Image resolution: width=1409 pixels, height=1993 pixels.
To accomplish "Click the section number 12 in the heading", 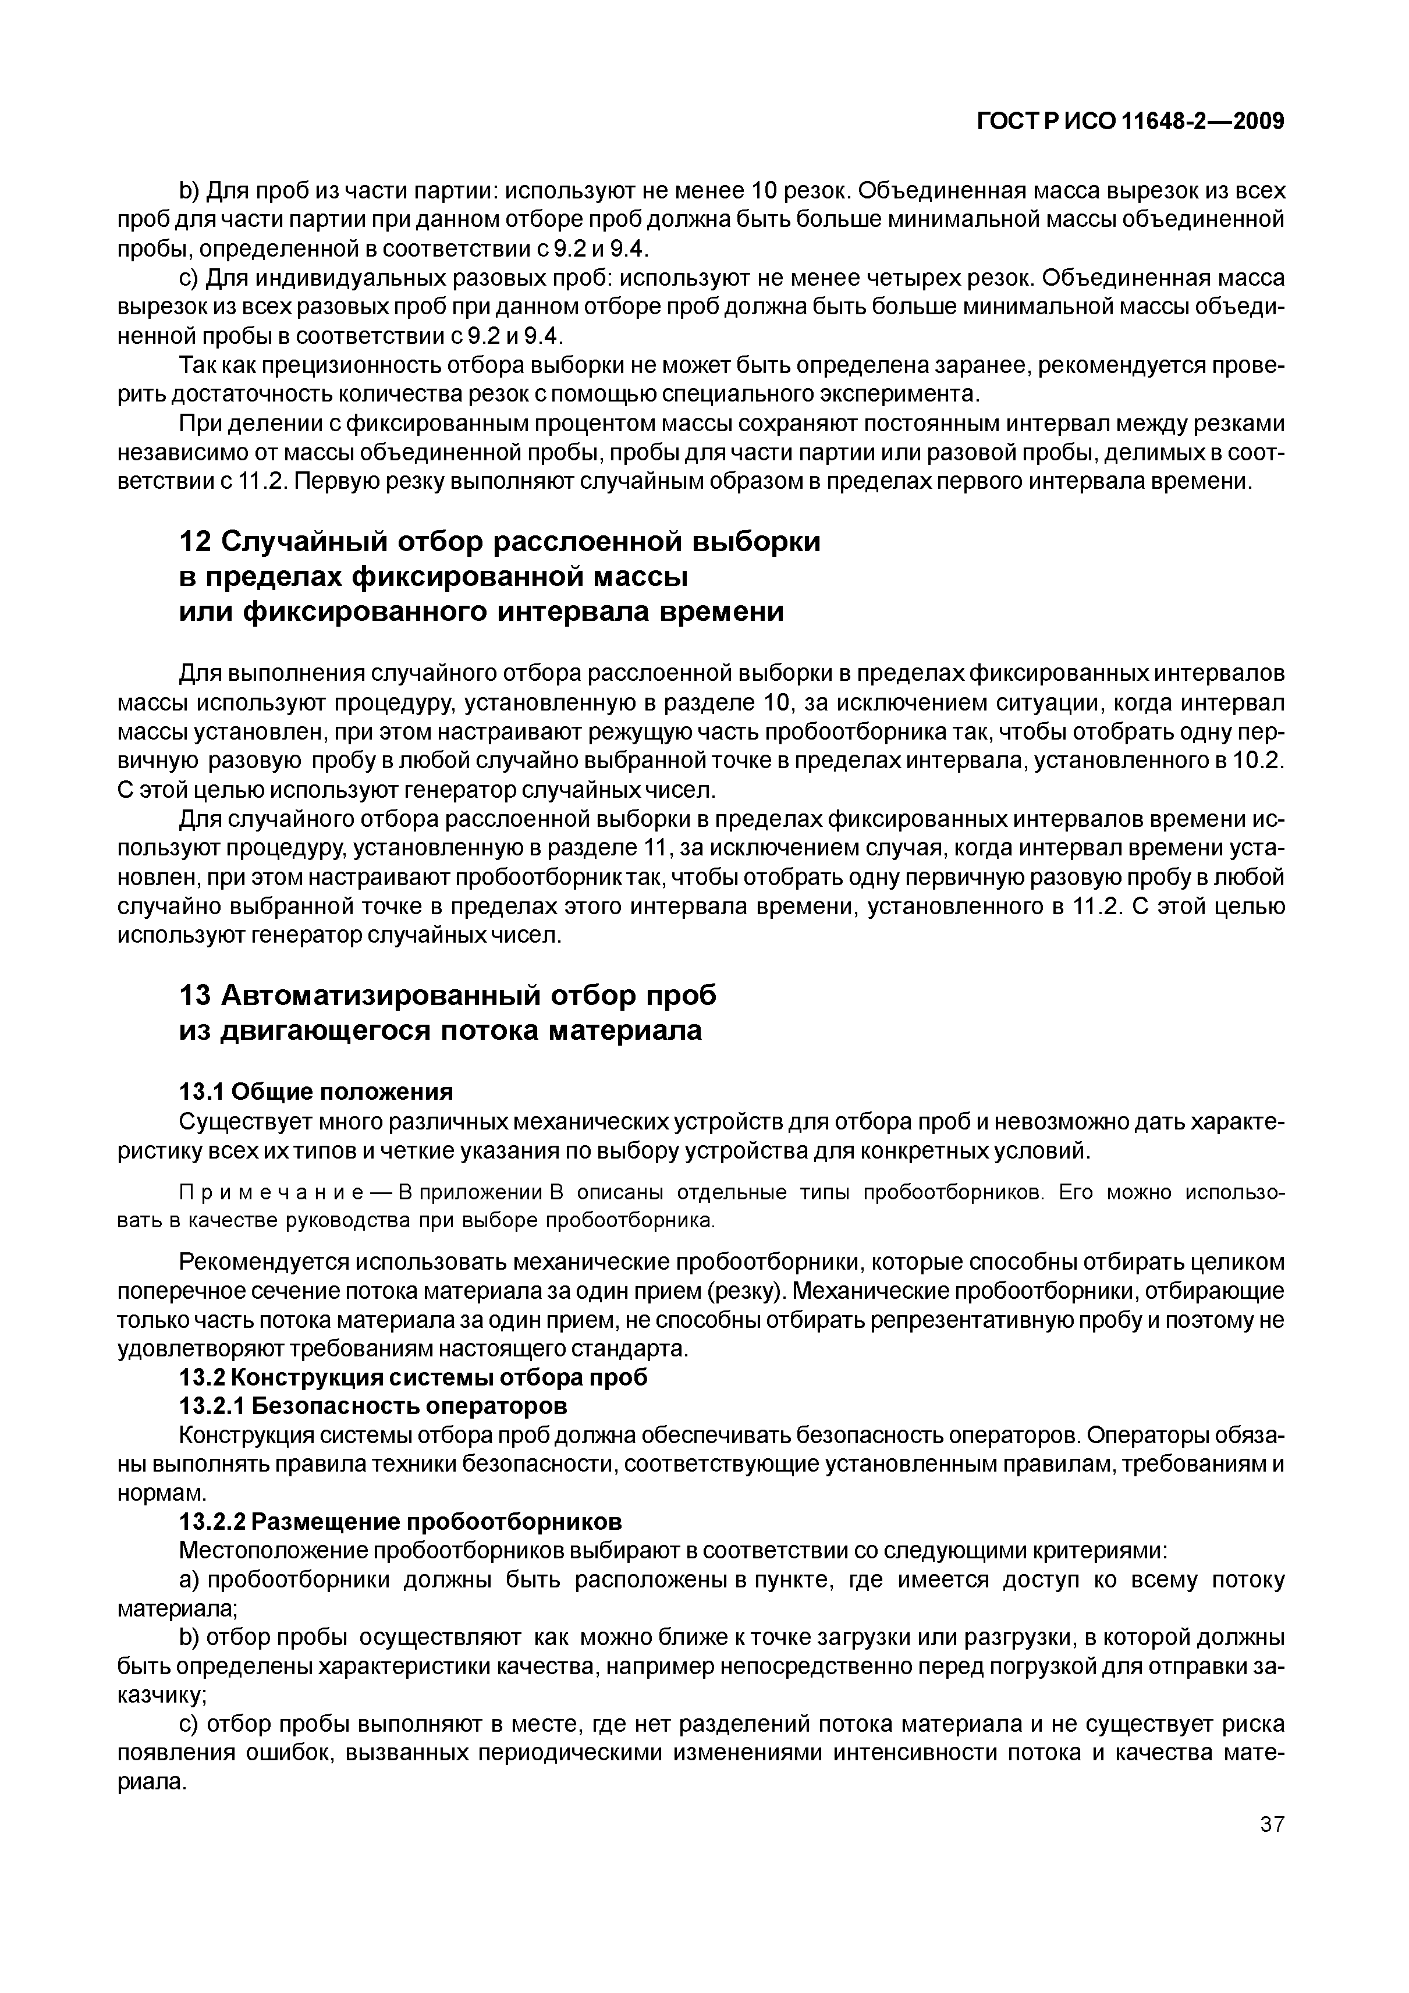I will point(194,542).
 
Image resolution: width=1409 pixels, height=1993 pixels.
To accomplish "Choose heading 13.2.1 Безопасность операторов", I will point(373,1405).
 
